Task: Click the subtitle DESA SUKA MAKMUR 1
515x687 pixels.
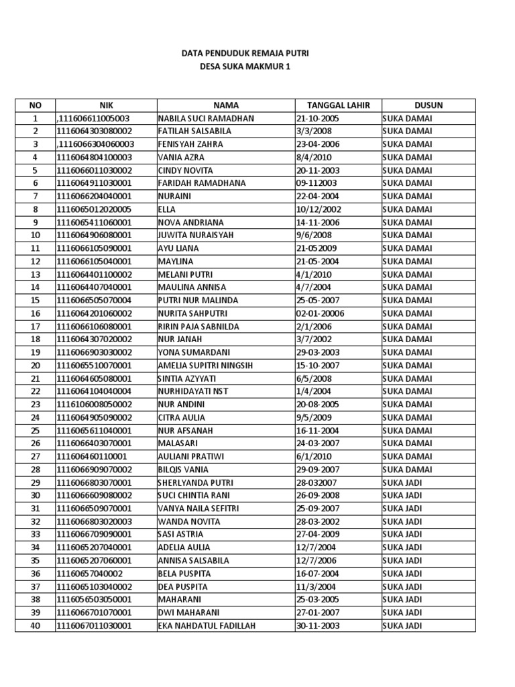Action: point(245,66)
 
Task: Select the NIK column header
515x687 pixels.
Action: point(106,105)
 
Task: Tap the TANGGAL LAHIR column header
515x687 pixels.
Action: point(337,105)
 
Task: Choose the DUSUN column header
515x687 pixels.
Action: point(428,105)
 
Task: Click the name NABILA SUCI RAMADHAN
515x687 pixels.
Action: point(206,118)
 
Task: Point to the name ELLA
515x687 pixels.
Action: point(168,209)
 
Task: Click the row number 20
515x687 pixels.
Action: point(36,366)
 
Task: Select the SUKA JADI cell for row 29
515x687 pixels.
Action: point(402,482)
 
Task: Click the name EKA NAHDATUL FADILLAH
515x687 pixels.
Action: point(207,626)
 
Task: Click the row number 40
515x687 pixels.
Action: point(36,626)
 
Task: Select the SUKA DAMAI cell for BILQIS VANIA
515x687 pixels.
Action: point(407,470)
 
